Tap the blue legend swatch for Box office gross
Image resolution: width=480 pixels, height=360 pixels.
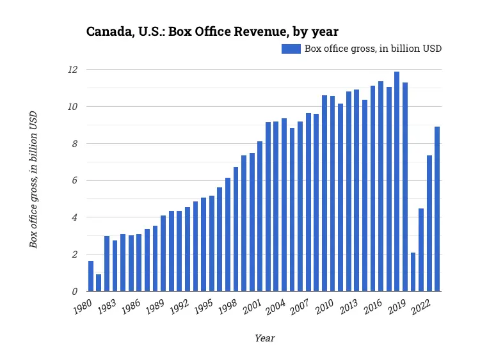coord(291,49)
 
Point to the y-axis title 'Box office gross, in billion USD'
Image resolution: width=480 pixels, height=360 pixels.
coord(33,179)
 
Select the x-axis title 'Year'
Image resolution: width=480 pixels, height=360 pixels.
coord(264,338)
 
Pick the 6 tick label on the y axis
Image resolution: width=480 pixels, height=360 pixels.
coord(75,180)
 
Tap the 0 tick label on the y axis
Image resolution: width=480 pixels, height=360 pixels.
coord(75,292)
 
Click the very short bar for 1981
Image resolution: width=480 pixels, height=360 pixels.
coord(99,283)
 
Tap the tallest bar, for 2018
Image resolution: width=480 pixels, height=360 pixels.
coord(397,182)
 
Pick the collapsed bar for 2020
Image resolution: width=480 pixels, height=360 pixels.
coord(413,272)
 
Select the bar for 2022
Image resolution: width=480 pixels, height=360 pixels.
coord(429,223)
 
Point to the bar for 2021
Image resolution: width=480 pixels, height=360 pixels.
coord(421,250)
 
